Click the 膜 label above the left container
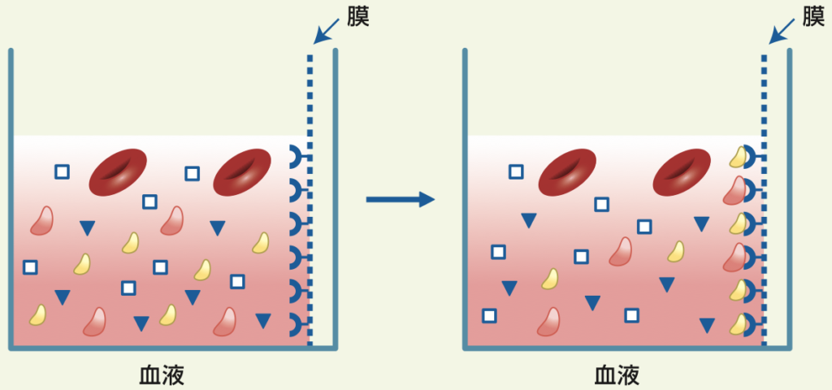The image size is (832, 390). click(358, 17)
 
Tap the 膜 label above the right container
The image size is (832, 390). click(813, 17)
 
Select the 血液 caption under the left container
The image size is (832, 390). click(162, 375)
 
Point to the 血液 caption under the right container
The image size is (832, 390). click(617, 375)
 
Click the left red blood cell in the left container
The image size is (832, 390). click(118, 171)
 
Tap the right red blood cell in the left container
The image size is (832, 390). click(241, 171)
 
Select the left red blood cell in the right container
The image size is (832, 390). click(567, 171)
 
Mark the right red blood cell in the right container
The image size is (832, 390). click(682, 171)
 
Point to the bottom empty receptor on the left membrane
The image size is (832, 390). click(297, 326)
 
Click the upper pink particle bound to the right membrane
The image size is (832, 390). click(733, 190)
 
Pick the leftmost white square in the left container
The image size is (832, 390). click(30, 266)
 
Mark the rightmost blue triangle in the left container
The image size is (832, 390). click(263, 321)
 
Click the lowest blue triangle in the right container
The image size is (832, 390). click(707, 326)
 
